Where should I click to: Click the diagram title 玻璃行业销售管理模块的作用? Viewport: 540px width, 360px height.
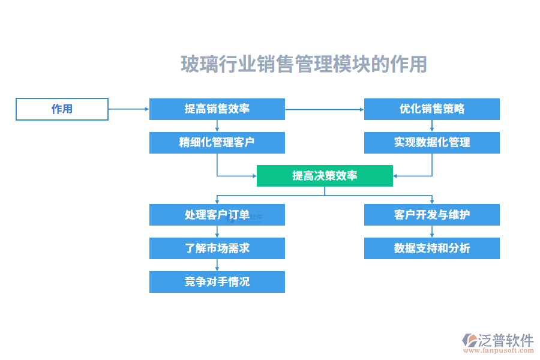pos(304,64)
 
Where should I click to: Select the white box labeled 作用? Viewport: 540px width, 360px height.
pos(62,109)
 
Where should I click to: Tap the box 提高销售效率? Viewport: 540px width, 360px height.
pos(217,109)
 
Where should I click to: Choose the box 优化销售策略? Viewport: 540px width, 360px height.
pos(431,109)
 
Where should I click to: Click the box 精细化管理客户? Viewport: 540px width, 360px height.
pos(217,143)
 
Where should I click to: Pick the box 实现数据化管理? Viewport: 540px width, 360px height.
pos(431,143)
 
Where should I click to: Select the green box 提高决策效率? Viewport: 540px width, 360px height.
pos(325,176)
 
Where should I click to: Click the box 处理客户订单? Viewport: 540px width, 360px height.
pos(217,215)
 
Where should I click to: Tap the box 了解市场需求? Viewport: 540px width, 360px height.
pos(217,248)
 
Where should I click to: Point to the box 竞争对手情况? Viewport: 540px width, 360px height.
pos(217,282)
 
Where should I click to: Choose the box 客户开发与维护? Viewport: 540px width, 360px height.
pos(431,215)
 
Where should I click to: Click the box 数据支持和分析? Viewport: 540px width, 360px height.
pos(431,248)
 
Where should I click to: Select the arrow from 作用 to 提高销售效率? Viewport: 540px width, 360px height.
pos(128,109)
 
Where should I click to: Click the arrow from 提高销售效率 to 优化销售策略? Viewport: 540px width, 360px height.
pos(324,109)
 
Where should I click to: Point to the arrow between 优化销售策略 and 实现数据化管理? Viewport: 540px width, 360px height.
pos(431,126)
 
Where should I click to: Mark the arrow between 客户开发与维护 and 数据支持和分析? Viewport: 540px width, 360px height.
pos(431,232)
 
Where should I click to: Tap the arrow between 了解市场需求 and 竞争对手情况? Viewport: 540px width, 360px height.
pos(217,265)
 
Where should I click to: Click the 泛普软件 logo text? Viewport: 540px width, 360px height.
pos(506,340)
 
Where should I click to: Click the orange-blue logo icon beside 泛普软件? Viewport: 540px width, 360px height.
pos(469,340)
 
